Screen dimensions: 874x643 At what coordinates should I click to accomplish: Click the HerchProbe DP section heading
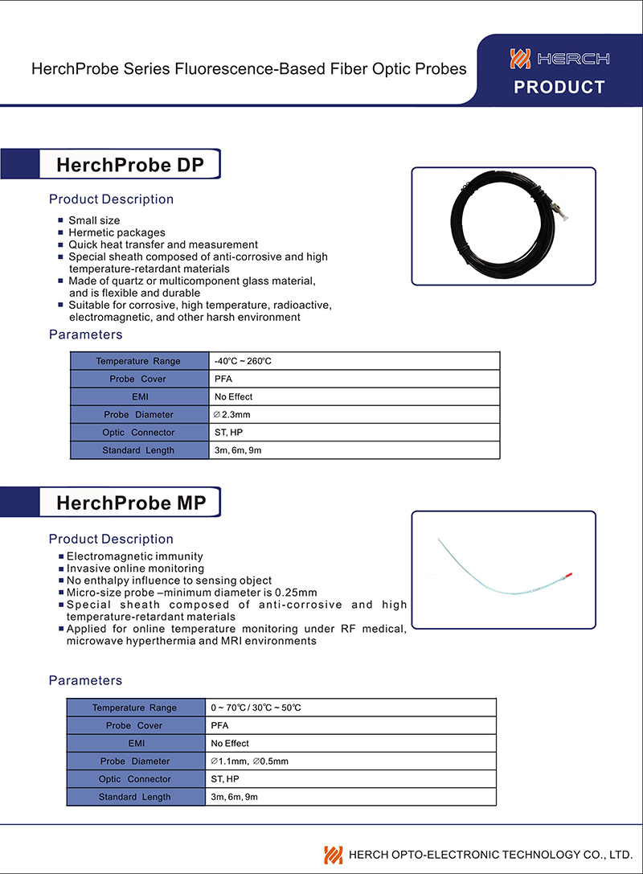[129, 165]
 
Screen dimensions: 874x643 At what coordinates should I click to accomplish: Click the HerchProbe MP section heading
[131, 503]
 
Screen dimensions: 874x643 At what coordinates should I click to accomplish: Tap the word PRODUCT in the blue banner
[559, 88]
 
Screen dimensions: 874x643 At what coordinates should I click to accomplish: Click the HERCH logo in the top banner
[559, 59]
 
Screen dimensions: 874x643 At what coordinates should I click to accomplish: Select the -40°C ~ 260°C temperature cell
[243, 361]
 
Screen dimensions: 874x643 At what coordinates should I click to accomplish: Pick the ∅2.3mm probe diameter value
[232, 415]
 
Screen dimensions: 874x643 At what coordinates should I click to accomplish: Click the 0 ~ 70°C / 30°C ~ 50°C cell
[256, 708]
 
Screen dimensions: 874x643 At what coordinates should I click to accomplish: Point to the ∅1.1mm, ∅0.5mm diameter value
[249, 761]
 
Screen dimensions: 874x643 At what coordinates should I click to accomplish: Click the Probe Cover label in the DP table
[138, 379]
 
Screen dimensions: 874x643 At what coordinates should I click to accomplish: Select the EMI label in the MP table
[135, 744]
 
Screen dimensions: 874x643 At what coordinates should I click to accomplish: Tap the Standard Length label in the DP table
[138, 450]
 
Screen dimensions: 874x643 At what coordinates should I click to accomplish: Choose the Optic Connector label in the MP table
[135, 779]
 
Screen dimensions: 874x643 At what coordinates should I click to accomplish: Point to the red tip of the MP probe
[569, 575]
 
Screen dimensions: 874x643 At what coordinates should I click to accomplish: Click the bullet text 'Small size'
[94, 220]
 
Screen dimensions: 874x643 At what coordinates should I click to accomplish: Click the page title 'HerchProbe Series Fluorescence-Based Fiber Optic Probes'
[248, 69]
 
